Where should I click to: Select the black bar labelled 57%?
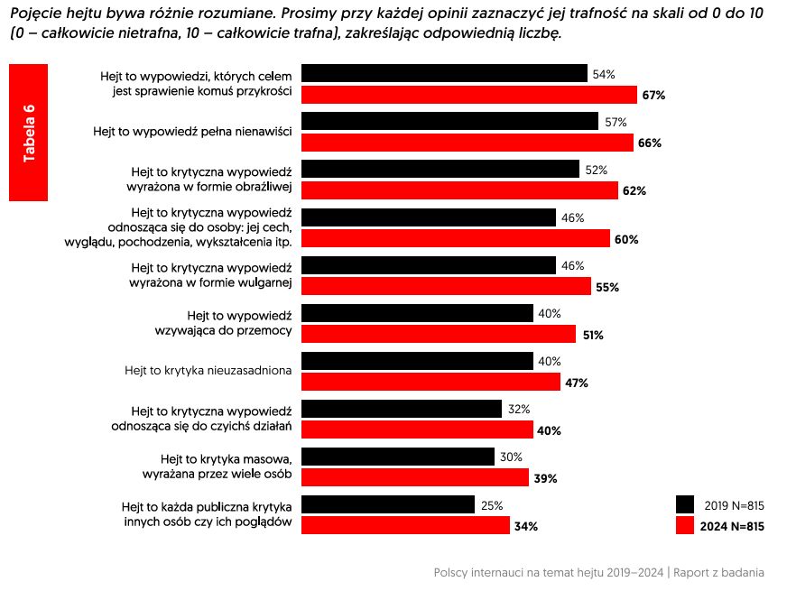coord(449,122)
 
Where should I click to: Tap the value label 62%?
coord(634,191)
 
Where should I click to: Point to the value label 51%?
coord(592,335)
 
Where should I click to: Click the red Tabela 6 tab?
coord(28,133)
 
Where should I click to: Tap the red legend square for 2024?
coord(685,526)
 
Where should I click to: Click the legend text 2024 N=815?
coord(732,526)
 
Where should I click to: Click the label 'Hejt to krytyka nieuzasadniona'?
coord(208,370)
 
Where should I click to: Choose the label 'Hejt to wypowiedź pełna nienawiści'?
coord(192,131)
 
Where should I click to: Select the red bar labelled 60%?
coord(455,239)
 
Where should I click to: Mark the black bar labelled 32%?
coord(401,409)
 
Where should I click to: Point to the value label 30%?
coord(511,457)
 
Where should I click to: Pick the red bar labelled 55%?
coord(445,287)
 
